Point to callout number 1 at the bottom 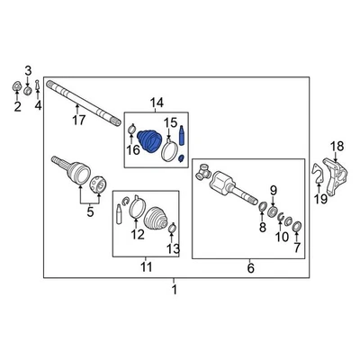tap(175, 289)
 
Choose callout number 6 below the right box tap(250, 267)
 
